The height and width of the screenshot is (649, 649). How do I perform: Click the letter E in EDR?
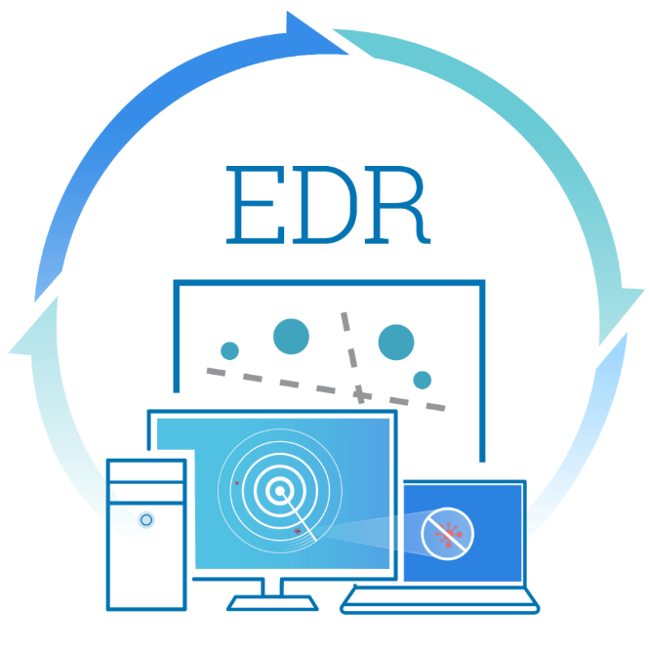[255, 205]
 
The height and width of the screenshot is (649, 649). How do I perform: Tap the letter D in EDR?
[324, 205]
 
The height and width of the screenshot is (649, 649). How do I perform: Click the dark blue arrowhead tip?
[347, 54]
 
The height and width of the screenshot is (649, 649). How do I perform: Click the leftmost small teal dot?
[229, 351]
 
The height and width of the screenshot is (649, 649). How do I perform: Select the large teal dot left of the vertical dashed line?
[291, 337]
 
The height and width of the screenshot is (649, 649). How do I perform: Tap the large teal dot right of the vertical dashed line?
[396, 343]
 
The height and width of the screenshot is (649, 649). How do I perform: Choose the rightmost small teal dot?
[423, 380]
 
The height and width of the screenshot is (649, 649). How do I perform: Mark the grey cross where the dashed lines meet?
[361, 394]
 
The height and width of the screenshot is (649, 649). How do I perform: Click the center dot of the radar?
[280, 491]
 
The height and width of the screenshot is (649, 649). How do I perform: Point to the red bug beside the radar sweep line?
[298, 531]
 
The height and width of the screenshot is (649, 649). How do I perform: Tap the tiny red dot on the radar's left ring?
[237, 483]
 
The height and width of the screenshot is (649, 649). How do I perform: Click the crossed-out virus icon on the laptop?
[447, 534]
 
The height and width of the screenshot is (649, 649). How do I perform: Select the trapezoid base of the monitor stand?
[272, 603]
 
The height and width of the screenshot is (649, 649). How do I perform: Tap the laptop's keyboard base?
[439, 600]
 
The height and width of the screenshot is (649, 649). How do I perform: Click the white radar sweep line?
[299, 516]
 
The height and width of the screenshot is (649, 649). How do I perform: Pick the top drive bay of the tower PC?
[146, 471]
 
